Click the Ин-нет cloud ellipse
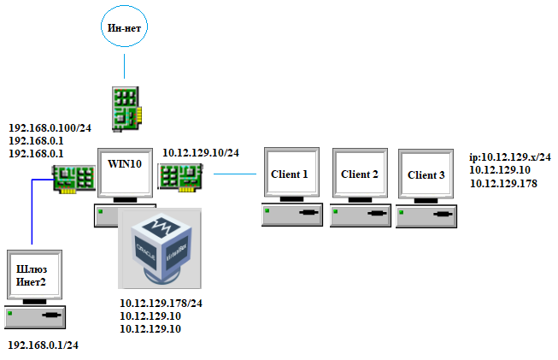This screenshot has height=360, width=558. coord(123,28)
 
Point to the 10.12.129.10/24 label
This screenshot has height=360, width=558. coord(201,153)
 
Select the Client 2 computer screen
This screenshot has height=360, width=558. coord(359,174)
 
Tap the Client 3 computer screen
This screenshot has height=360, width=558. coord(426,175)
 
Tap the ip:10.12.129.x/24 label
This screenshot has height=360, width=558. coord(510,157)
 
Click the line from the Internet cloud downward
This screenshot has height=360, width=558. coord(125,66)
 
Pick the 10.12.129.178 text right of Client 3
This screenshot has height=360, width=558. coord(503,182)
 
